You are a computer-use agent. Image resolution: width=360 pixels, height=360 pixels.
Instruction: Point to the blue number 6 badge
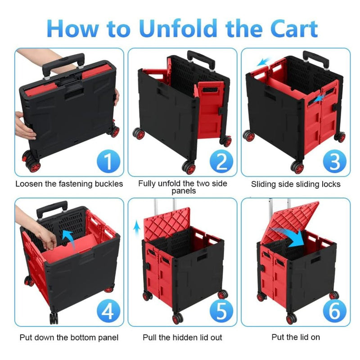pyautogui.click(x=333, y=310)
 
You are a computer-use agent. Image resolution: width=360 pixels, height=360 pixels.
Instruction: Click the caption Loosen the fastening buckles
pyautogui.click(x=69, y=184)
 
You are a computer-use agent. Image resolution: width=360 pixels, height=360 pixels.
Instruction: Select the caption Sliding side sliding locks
pyautogui.click(x=296, y=184)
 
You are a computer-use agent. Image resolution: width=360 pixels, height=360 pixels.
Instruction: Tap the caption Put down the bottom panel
pyautogui.click(x=69, y=337)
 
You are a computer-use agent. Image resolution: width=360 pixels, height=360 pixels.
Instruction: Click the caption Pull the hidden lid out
pyautogui.click(x=182, y=337)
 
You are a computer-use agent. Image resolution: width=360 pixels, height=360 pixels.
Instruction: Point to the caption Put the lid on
pyautogui.click(x=296, y=337)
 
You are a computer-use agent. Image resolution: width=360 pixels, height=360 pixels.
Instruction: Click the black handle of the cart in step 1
pyautogui.click(x=63, y=63)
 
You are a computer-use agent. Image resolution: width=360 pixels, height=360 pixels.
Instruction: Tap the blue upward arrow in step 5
pyautogui.click(x=137, y=225)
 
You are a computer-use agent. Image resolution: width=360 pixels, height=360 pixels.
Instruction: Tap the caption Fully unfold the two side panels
pyautogui.click(x=182, y=187)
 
